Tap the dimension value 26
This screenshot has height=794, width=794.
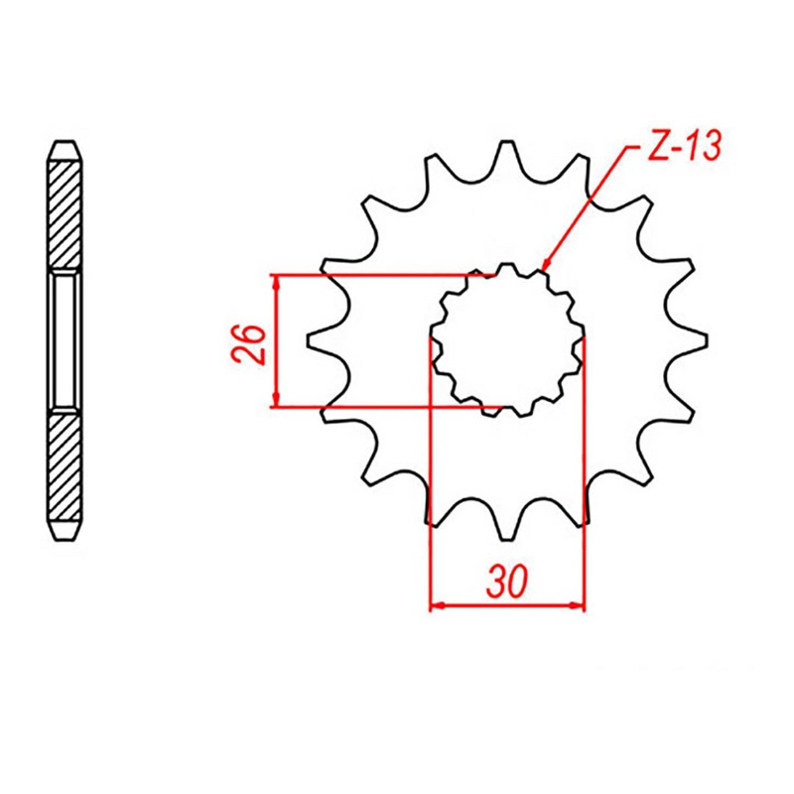coord(251,342)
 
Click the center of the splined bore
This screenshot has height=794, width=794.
coord(506,339)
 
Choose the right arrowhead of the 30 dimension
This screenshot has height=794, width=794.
coord(578,605)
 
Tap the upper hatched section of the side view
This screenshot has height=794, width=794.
coord(65,213)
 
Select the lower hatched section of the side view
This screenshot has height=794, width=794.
coord(65,471)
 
